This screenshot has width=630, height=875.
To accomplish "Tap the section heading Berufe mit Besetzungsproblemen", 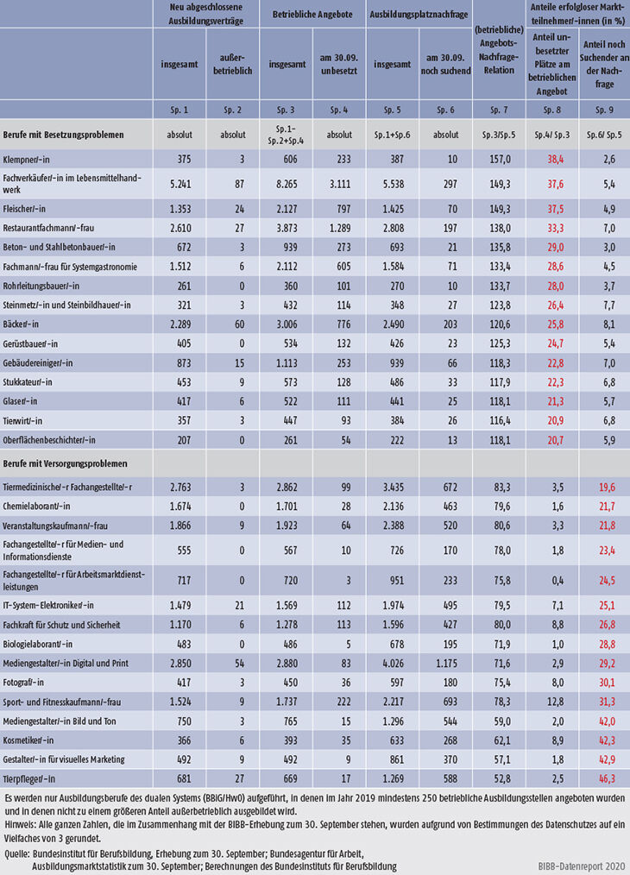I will click(68, 135).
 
